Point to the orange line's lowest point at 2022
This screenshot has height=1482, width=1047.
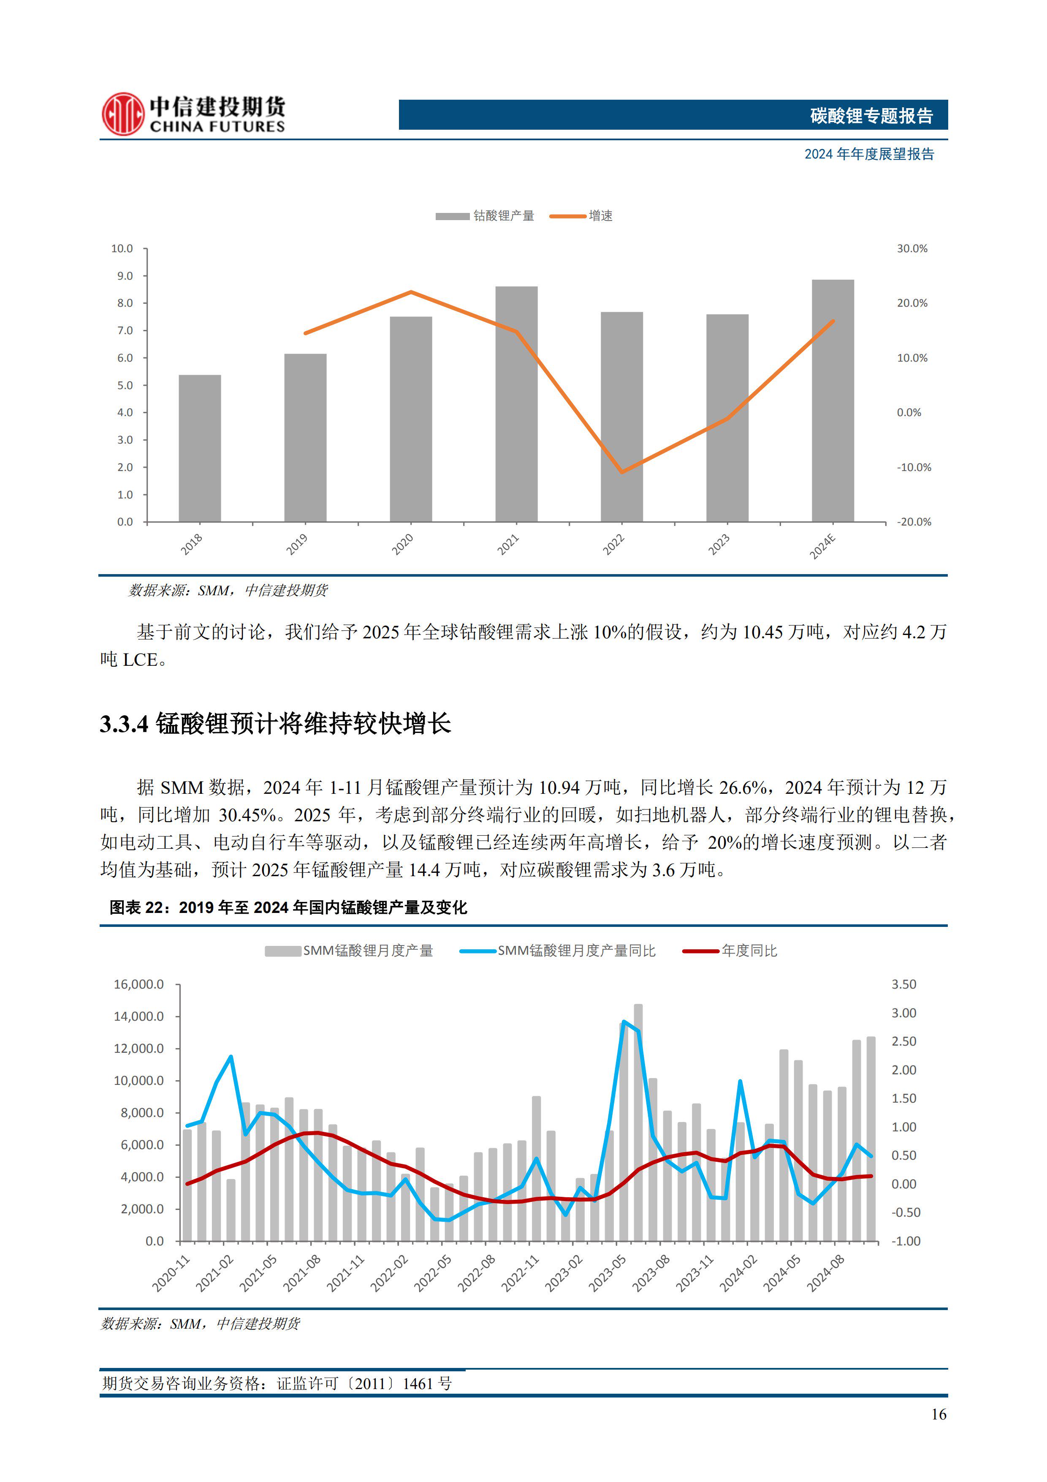tap(621, 472)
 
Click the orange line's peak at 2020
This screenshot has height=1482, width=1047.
tap(411, 292)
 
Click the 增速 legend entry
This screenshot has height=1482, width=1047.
tap(600, 215)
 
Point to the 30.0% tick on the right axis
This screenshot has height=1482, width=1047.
tap(911, 248)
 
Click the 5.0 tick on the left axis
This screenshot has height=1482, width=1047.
tap(125, 385)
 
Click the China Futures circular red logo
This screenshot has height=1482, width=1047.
tap(122, 114)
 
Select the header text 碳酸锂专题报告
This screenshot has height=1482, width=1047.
tap(871, 115)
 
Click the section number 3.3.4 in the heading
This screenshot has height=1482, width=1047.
tap(124, 724)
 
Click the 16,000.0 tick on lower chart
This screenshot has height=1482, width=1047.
tap(139, 984)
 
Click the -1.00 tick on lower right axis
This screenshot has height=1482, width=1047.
tap(906, 1241)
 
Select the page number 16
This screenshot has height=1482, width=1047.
tap(939, 1414)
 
